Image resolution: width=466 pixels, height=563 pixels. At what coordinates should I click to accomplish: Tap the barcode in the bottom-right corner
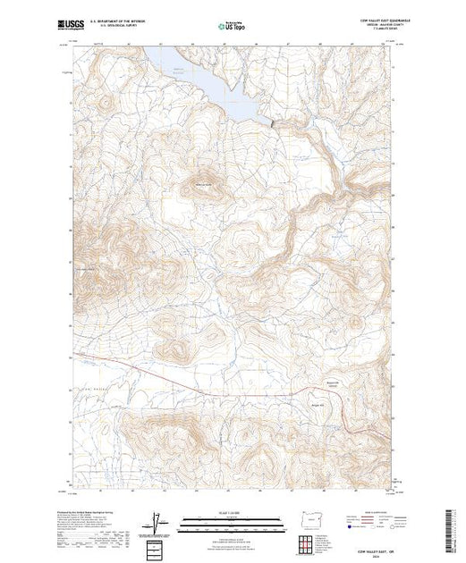453,527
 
